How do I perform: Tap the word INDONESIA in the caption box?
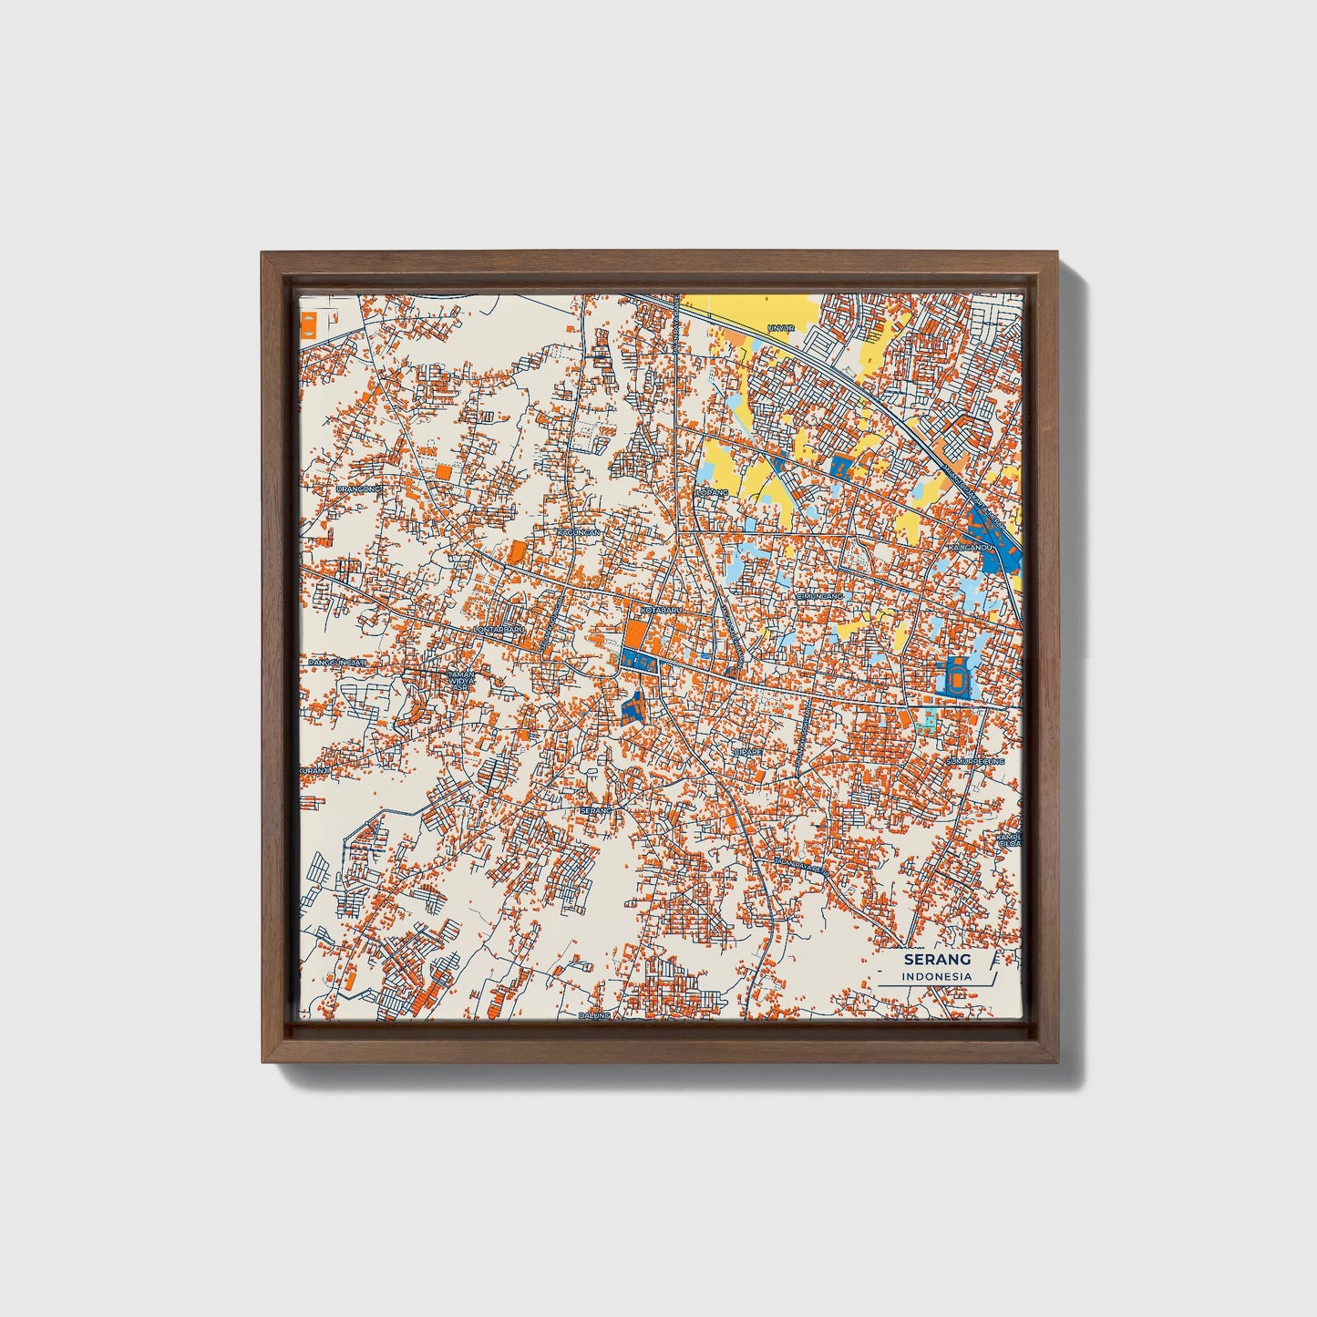[936, 976]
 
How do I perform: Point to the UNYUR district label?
[782, 327]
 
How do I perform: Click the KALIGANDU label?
[970, 547]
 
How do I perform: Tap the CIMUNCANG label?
[820, 596]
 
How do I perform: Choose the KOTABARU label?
[661, 609]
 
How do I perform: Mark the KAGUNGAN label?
[579, 531]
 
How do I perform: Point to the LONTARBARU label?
[499, 629]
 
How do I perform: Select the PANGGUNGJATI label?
[336, 663]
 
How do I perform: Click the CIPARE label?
[747, 752]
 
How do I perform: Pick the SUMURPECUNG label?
[974, 760]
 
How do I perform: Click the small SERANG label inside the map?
[593, 809]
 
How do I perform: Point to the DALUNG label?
[592, 1014]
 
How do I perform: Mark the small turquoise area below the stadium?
[927, 722]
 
